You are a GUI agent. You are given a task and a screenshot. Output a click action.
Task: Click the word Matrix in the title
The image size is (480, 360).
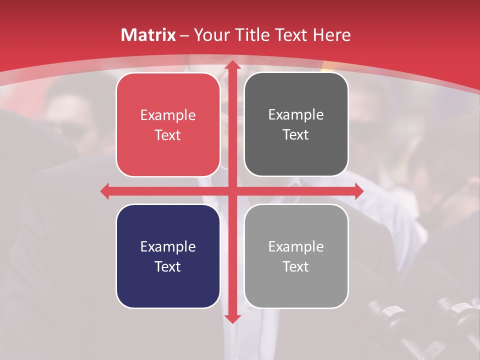[x=148, y=35]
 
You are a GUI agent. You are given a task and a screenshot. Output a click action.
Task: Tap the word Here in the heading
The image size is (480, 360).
[x=332, y=35]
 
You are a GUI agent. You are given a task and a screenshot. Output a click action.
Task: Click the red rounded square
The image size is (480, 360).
[x=168, y=124]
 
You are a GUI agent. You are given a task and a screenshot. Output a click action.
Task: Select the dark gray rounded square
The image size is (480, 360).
[x=296, y=124]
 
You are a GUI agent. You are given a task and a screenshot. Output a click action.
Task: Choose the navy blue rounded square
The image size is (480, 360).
[x=168, y=256]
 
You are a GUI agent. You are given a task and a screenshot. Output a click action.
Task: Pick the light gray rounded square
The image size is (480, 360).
[x=296, y=256]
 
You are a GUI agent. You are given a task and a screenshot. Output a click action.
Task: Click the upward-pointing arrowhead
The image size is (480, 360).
[x=231, y=65]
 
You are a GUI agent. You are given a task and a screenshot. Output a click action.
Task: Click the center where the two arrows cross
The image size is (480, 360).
[x=231, y=191]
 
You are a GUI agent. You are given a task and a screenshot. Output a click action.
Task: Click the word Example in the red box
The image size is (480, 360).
[x=168, y=115]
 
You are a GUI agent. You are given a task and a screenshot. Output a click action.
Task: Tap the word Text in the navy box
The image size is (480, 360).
[x=168, y=266]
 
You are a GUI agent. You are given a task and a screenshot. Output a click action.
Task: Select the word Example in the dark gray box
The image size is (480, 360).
[x=296, y=115]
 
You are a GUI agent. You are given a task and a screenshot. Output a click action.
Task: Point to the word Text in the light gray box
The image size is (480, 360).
[x=296, y=266]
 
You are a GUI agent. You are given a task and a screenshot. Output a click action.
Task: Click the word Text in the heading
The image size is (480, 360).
[x=293, y=35]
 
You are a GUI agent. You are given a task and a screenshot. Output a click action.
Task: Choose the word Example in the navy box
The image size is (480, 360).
[x=168, y=246]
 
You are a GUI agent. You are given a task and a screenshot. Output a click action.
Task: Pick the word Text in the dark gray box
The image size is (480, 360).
[x=296, y=135]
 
